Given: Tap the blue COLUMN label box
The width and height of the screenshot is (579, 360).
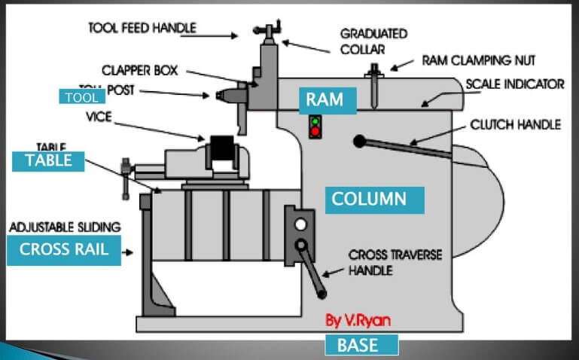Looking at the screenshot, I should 375,200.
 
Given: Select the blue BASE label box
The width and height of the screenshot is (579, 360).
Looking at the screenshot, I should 361,346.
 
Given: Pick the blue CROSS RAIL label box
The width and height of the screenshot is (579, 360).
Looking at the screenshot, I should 64,250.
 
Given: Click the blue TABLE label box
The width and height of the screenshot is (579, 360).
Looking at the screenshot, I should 49,160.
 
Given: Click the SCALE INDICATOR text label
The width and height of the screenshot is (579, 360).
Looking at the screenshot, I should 515,84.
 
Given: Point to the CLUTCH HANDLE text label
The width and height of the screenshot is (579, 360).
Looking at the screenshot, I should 515,124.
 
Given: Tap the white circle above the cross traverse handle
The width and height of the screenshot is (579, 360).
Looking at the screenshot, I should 300,224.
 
